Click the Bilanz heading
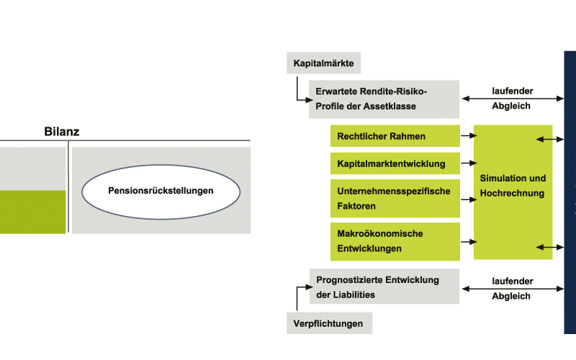click(x=62, y=131)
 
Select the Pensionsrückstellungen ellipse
click(x=161, y=192)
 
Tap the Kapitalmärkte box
click(x=323, y=63)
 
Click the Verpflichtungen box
click(x=329, y=323)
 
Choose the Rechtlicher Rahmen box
click(x=395, y=136)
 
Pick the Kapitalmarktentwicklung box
click(x=395, y=163)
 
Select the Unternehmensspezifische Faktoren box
click(x=395, y=199)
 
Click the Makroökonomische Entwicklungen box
click(x=395, y=241)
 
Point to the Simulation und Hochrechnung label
click(x=513, y=186)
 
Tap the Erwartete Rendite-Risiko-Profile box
click(x=384, y=99)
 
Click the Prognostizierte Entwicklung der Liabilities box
click(x=384, y=287)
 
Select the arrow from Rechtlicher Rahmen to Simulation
click(x=469, y=135)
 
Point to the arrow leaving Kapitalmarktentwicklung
click(x=469, y=163)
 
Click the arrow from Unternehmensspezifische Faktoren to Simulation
click(x=469, y=199)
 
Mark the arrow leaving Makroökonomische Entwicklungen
click(x=469, y=242)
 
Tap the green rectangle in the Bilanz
click(x=32, y=212)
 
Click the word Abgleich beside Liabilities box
click(x=511, y=296)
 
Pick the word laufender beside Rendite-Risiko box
click(x=513, y=91)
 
